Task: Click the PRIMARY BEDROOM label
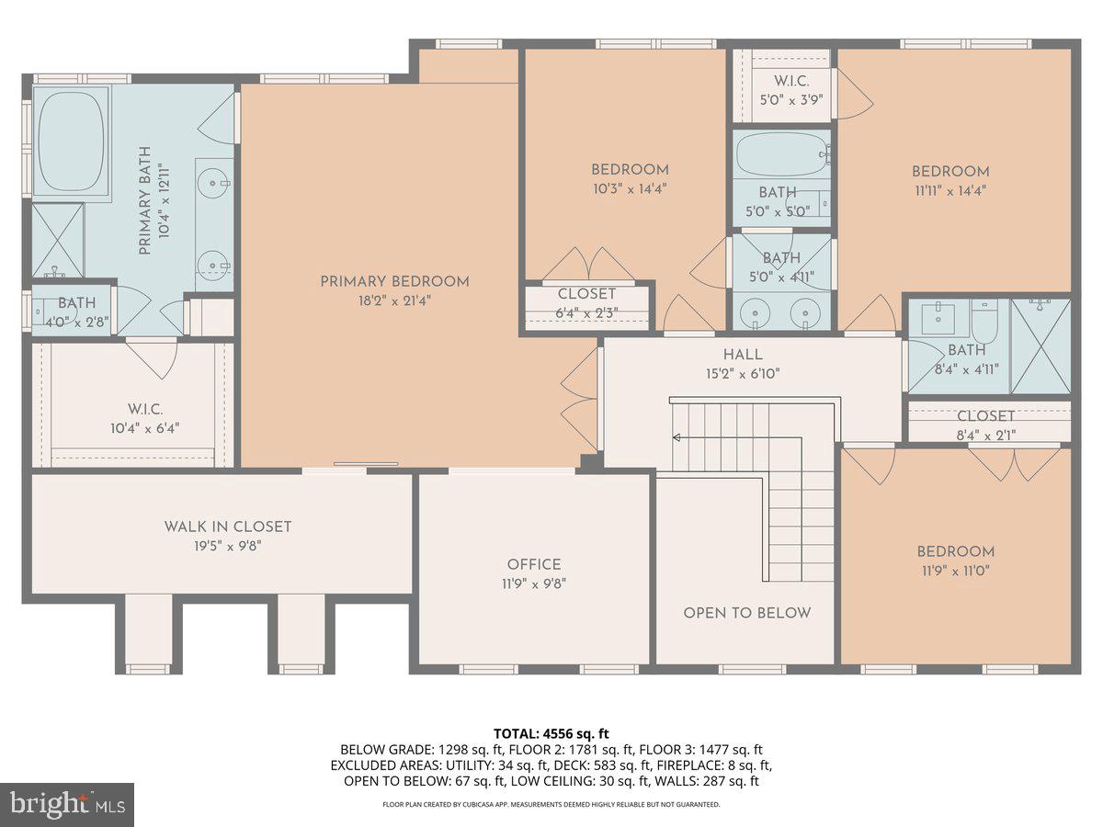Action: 394,281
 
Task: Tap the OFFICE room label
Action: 533,564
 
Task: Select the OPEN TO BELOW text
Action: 746,613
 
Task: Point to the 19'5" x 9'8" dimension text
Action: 227,545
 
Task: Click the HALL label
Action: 743,355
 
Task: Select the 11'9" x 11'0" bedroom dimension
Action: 955,570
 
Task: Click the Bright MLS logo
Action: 67,804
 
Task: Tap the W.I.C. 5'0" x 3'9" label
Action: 790,90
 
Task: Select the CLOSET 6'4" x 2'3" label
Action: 586,302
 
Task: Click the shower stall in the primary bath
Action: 58,240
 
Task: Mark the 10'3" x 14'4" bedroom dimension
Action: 629,188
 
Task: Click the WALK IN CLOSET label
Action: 227,527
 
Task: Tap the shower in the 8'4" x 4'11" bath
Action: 1040,334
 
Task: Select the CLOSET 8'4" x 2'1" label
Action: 986,425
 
